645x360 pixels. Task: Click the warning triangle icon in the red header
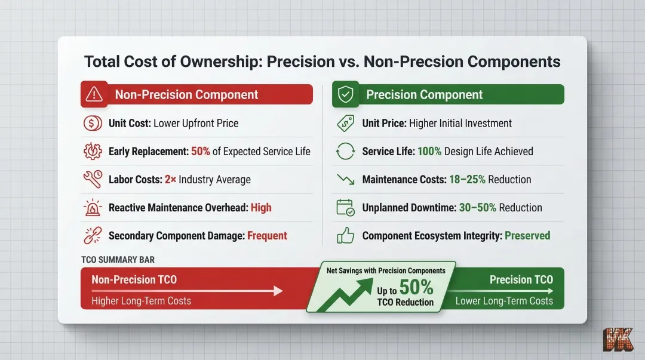coord(94,94)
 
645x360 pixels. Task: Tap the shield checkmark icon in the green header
coord(346,94)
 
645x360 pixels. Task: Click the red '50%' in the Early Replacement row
coord(201,152)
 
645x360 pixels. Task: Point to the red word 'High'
coord(261,208)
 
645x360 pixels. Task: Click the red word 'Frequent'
coord(267,236)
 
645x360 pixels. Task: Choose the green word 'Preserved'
coord(527,236)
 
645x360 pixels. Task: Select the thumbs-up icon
coord(345,236)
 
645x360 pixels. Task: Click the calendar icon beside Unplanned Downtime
coord(345,208)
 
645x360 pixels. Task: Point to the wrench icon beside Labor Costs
coord(93,180)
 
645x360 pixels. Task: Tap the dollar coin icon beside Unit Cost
coord(93,124)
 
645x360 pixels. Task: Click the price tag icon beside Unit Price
coord(345,124)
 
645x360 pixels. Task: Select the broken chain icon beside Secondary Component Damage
coord(93,236)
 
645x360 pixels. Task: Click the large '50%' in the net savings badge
coord(416,288)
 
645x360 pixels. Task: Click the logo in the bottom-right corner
coord(618,339)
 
